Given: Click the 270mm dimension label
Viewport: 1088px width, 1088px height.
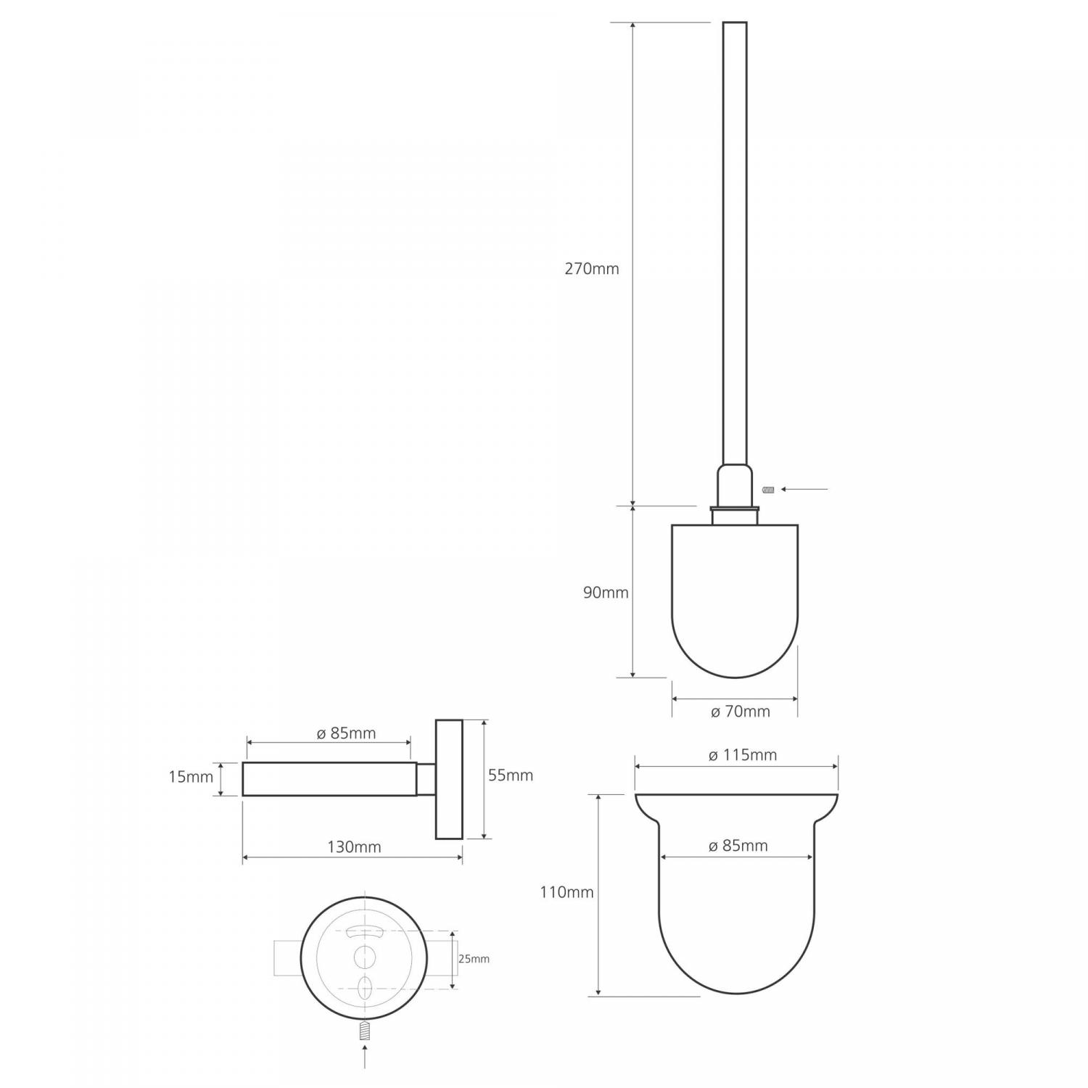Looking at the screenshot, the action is point(592,269).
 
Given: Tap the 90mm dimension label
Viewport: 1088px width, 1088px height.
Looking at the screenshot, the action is point(606,593).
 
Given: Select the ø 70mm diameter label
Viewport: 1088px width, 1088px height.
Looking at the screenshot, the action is point(740,712).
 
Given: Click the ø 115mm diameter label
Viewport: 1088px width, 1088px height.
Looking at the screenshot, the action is point(742,755).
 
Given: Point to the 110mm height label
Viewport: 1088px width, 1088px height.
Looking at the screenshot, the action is point(566,892).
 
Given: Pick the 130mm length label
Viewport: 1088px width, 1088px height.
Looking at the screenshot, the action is point(354,847).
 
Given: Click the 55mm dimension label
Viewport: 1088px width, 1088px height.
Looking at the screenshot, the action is point(511,775).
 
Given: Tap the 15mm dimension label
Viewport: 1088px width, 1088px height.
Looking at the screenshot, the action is point(191,777).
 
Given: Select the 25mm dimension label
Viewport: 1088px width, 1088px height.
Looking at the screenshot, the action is point(474,959).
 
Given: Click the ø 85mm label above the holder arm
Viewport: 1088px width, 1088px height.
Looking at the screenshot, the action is point(346,733).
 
